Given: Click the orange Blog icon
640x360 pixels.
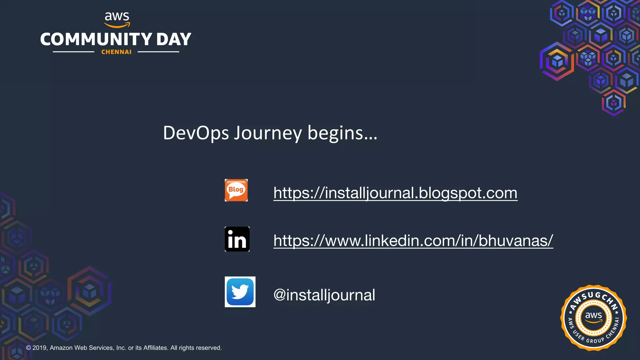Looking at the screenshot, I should click(x=236, y=190).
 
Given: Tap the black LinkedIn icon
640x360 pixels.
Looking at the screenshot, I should click(x=237, y=239).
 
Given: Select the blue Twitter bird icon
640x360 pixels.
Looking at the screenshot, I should click(x=240, y=292).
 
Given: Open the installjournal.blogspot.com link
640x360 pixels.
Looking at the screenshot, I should click(x=395, y=193).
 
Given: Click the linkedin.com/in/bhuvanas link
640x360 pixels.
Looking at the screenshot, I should click(x=413, y=241).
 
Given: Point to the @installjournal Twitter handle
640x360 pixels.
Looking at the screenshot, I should click(x=324, y=295).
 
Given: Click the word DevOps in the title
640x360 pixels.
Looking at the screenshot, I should click(x=196, y=133).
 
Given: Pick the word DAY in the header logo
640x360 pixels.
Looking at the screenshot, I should click(x=174, y=40).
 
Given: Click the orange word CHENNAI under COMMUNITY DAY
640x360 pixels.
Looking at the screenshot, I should click(x=116, y=52).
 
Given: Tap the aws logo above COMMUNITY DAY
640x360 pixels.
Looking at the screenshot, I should click(x=117, y=19).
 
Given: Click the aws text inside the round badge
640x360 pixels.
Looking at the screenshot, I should click(x=593, y=315).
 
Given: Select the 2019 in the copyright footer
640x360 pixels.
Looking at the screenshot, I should click(x=39, y=348).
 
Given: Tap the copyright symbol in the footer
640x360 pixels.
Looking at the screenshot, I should click(x=28, y=348).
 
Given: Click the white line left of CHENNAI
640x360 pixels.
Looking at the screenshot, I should click(x=73, y=52).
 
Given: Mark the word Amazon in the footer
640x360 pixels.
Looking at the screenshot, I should click(x=61, y=348).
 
